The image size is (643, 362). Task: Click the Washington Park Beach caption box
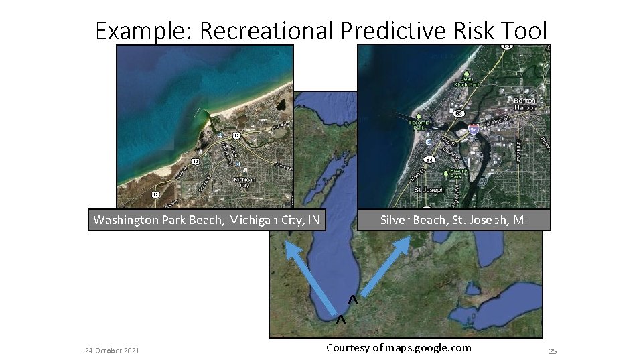(x=206, y=220)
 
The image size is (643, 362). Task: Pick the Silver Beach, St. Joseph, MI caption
(x=454, y=220)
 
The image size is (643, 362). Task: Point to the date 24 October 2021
(x=113, y=351)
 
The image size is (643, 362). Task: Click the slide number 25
(x=553, y=351)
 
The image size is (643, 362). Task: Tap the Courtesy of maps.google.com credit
(x=399, y=347)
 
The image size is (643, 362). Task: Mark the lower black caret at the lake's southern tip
(x=341, y=320)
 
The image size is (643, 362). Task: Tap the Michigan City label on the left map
(x=243, y=182)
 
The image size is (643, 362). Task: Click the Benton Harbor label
(x=524, y=104)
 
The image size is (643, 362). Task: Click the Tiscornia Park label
(x=420, y=127)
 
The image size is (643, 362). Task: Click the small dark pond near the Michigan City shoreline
(x=281, y=105)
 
